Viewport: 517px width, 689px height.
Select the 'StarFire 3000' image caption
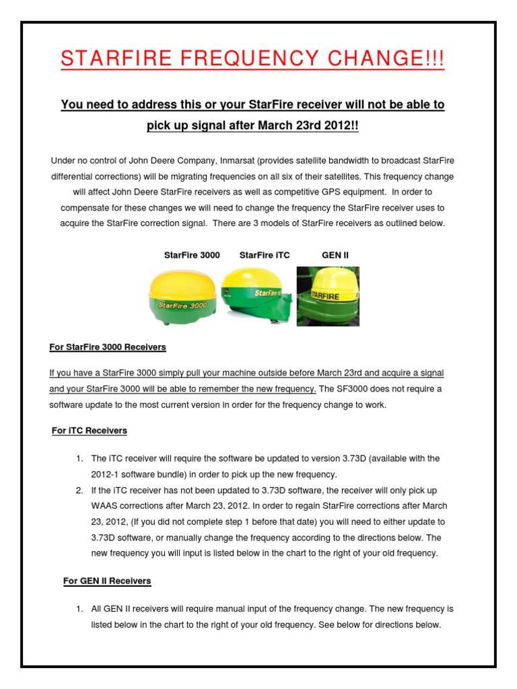pos(192,256)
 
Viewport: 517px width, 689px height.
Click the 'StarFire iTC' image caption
pos(265,256)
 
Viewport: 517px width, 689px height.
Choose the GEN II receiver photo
pos(328,296)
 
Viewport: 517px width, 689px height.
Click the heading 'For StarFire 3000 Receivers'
pos(108,347)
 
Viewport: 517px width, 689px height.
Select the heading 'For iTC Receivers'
pos(90,431)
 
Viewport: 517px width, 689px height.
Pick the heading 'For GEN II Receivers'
pos(107,581)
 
